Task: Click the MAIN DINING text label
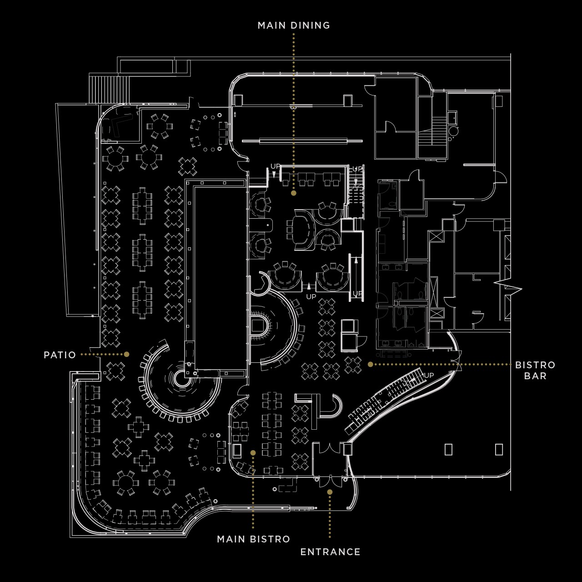click(x=294, y=25)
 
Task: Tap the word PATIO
click(x=60, y=355)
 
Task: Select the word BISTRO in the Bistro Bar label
click(x=535, y=365)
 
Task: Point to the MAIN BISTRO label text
click(x=253, y=539)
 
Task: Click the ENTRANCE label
click(x=330, y=552)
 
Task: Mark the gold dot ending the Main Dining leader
click(x=294, y=193)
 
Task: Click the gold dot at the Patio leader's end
click(x=126, y=354)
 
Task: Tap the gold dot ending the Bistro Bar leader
click(x=370, y=364)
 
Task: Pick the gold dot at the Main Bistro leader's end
click(x=253, y=453)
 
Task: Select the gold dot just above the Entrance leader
click(x=330, y=492)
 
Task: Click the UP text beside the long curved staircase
click(x=429, y=376)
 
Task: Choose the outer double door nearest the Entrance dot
click(x=331, y=481)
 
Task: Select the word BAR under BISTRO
click(x=535, y=376)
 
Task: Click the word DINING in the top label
click(x=310, y=25)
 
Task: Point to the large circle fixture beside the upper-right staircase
click(x=453, y=131)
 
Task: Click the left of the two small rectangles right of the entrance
click(x=448, y=449)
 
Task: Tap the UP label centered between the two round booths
click(x=311, y=296)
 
